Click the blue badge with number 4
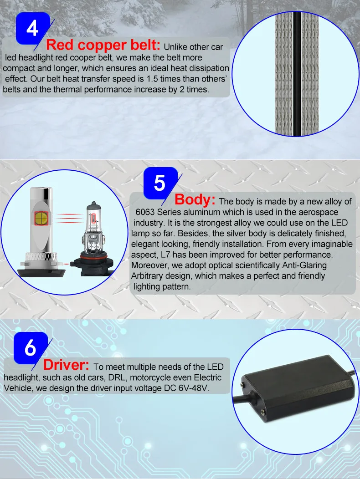[x=32, y=28]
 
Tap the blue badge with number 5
[x=159, y=183]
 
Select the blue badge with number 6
[x=30, y=348]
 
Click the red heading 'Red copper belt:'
[x=103, y=45]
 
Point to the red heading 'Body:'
[x=195, y=199]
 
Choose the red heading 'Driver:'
[x=66, y=364]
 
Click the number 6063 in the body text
[x=145, y=212]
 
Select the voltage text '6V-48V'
[x=193, y=388]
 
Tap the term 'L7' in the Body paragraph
[x=165, y=255]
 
